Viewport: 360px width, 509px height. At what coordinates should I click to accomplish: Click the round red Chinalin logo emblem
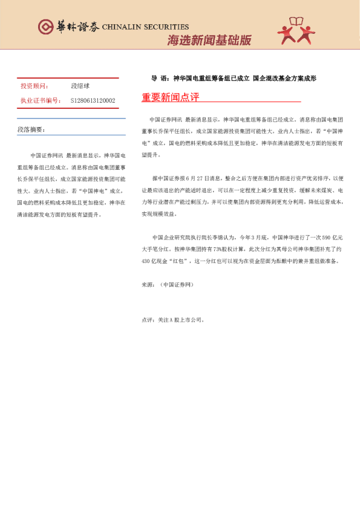(45, 27)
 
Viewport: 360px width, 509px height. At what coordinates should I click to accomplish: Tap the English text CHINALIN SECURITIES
(145, 27)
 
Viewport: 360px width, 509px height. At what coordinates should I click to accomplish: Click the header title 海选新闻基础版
(209, 41)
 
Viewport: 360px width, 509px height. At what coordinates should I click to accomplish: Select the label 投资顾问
(34, 87)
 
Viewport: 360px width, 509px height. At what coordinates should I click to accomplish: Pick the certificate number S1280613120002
(93, 100)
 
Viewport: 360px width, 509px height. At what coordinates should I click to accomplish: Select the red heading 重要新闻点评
(171, 97)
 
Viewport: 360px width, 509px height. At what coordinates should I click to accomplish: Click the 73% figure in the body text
(210, 248)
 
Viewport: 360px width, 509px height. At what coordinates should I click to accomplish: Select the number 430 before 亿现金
(146, 261)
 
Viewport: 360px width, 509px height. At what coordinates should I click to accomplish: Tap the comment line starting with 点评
(172, 319)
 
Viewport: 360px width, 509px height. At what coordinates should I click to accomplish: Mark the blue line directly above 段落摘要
(71, 118)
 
